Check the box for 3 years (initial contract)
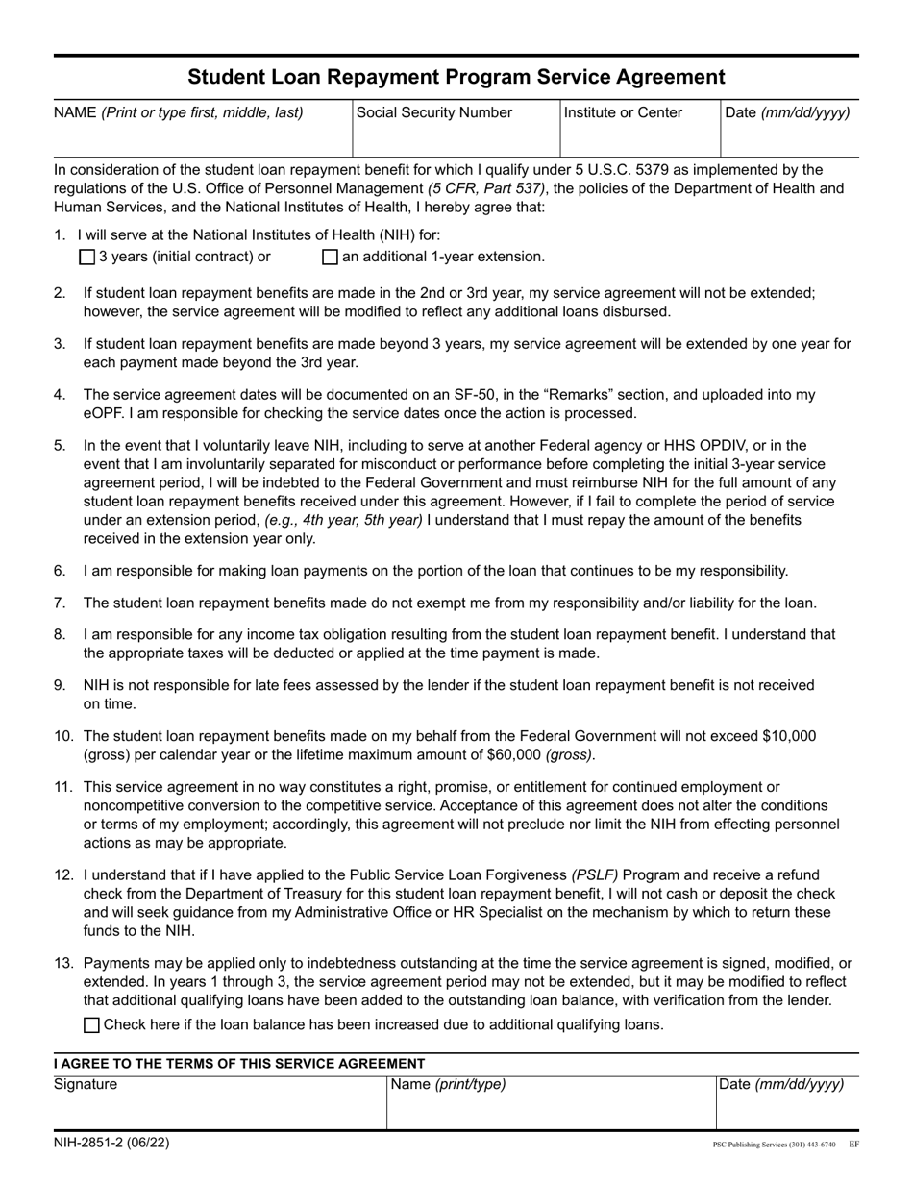tap(87, 257)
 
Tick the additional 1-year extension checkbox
tap(331, 257)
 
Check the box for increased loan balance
tap(91, 1024)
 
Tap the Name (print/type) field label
tap(446, 1085)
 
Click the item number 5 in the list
tap(60, 445)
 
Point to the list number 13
tap(63, 963)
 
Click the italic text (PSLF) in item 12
tap(595, 874)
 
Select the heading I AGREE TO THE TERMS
tap(239, 1063)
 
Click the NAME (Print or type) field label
tap(179, 112)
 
